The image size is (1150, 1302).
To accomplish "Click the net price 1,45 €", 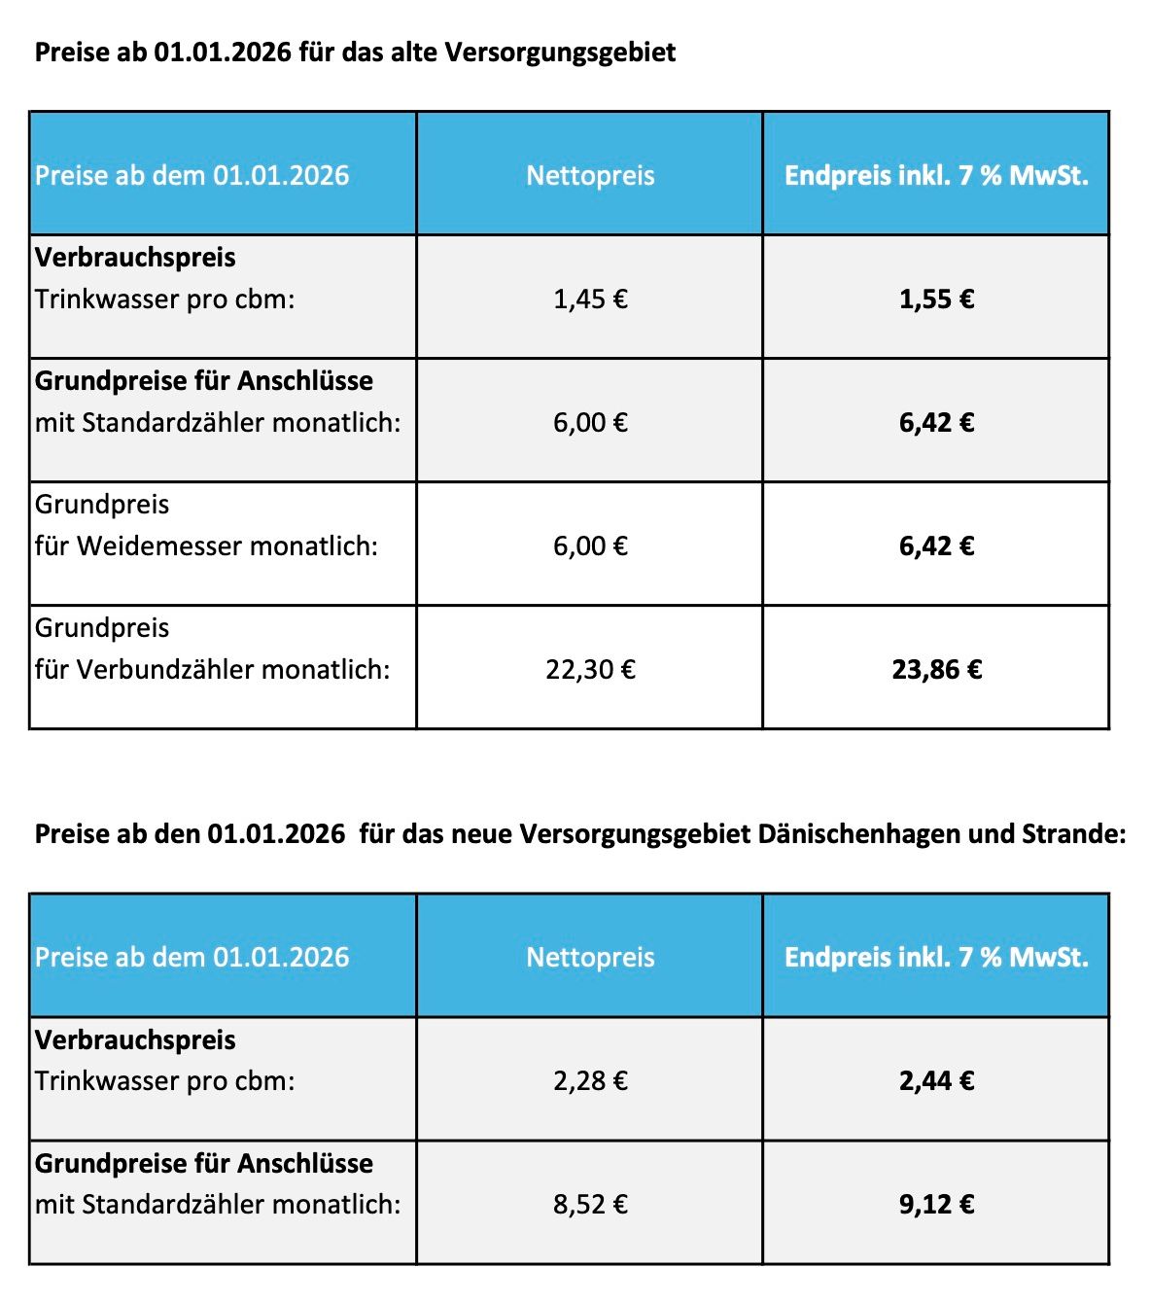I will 590,299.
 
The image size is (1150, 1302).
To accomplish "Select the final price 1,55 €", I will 936,299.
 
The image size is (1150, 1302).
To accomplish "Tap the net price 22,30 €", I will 590,669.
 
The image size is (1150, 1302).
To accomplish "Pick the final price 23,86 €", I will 936,669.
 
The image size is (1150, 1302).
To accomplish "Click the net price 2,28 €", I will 590,1080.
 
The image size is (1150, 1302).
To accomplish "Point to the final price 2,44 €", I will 936,1080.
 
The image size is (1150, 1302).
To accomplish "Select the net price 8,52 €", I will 590,1204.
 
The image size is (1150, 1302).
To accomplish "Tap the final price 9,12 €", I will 936,1204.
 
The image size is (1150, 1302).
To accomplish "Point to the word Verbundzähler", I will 165,669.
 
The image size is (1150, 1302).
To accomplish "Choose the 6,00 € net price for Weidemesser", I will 590,545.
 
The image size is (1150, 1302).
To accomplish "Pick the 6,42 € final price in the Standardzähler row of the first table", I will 936,422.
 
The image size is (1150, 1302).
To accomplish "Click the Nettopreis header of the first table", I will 590,175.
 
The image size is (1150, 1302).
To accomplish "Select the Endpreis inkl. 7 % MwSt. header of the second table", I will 936,957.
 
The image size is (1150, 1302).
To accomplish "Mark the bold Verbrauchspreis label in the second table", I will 135,1039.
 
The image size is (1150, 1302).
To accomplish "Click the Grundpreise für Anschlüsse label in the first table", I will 204,380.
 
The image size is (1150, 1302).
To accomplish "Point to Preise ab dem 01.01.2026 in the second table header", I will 192,957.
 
